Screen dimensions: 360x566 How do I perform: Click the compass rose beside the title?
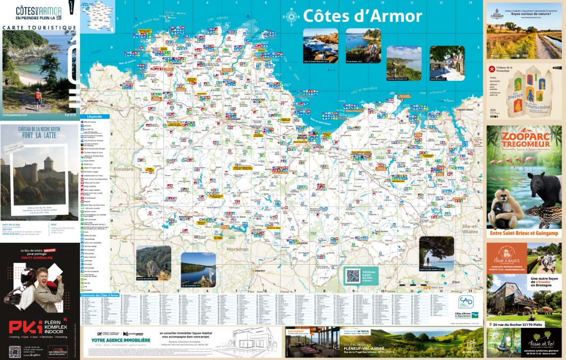pyautogui.click(x=291, y=17)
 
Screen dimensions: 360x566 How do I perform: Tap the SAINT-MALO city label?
pyautogui.click(x=465, y=109)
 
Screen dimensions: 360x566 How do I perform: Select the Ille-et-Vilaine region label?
pyautogui.click(x=470, y=229)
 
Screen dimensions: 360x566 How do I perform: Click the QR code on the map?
pyautogui.click(x=353, y=275)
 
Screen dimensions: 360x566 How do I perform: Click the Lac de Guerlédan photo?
pyautogui.click(x=198, y=268)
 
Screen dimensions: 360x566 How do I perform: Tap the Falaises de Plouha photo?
pyautogui.click(x=404, y=63)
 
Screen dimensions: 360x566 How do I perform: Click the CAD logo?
pyautogui.click(x=465, y=302)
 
